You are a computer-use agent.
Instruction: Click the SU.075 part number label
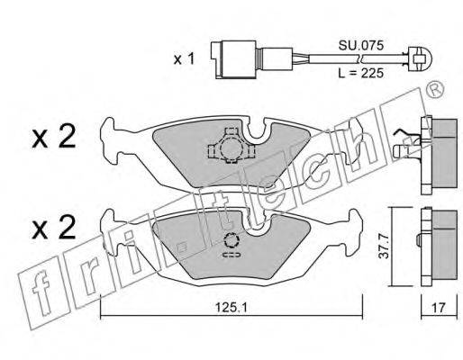(x=361, y=46)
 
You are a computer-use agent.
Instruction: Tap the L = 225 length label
(x=361, y=73)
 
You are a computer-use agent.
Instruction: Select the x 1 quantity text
(x=185, y=59)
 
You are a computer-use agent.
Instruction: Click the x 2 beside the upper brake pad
(x=54, y=137)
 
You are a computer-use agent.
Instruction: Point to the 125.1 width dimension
(x=231, y=307)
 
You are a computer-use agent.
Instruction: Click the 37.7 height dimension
(x=384, y=247)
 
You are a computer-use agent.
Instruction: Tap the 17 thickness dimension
(x=439, y=308)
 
